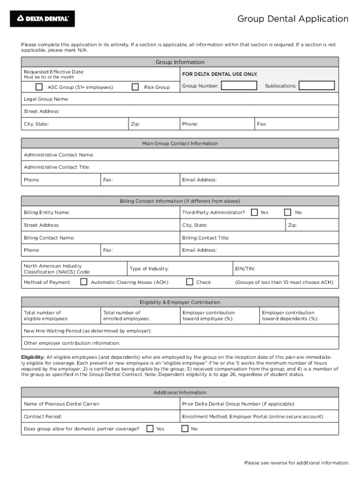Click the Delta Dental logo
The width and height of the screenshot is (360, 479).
click(x=43, y=19)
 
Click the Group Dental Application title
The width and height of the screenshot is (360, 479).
click(x=293, y=19)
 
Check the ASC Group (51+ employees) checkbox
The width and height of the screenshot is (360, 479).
click(x=39, y=87)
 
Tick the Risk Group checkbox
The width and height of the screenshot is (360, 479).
click(x=135, y=87)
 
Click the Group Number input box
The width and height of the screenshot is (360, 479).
click(x=239, y=86)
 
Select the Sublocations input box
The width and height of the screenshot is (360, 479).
click(x=317, y=86)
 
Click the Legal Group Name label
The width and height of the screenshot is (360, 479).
click(x=46, y=99)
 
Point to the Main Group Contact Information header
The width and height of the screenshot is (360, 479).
click(x=180, y=144)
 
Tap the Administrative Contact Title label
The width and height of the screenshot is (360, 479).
click(x=57, y=167)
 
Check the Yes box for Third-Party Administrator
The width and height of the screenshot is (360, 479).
click(x=254, y=212)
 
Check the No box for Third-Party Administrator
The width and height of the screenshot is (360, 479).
click(x=288, y=212)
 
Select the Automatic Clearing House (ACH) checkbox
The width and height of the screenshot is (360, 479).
click(x=84, y=282)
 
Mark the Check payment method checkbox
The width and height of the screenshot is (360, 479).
click(x=189, y=282)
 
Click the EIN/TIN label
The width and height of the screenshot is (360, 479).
click(x=245, y=269)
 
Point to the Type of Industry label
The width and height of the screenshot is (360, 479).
click(x=149, y=269)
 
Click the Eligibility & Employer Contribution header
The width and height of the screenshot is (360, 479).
click(x=180, y=302)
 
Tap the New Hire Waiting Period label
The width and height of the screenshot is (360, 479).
click(x=87, y=331)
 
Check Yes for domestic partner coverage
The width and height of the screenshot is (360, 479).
click(x=150, y=428)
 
